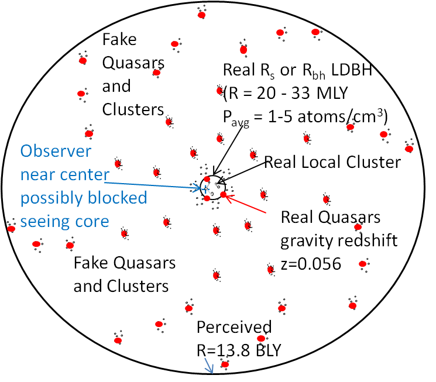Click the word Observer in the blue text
click(56, 151)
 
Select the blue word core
click(91, 222)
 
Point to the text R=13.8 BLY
click(239, 350)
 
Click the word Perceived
click(234, 327)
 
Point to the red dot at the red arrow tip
click(223, 194)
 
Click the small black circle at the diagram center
click(211, 187)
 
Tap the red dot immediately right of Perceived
click(262, 338)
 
